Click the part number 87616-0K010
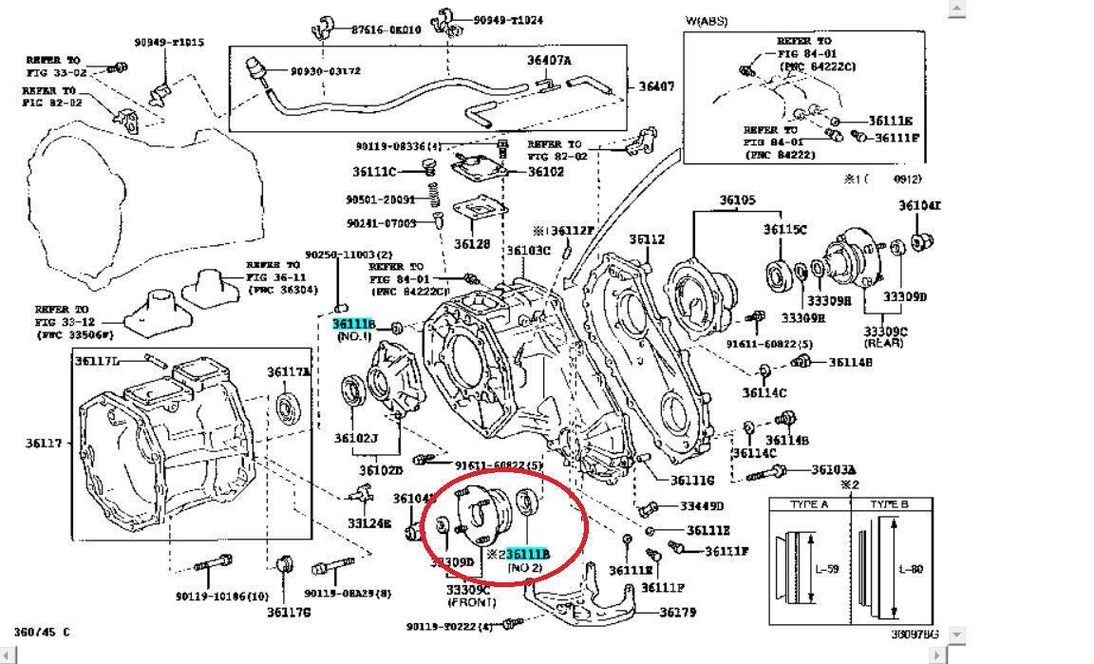click(x=385, y=29)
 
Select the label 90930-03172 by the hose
click(x=327, y=71)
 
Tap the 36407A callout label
click(x=550, y=61)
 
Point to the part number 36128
click(x=472, y=244)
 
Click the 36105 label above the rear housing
click(x=736, y=200)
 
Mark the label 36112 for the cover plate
click(x=647, y=239)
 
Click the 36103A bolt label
click(x=834, y=469)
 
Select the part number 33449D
click(x=702, y=506)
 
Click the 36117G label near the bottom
click(x=288, y=613)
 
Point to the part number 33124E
click(x=368, y=523)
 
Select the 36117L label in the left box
click(x=98, y=359)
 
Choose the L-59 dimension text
click(x=827, y=568)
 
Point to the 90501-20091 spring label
click(x=380, y=200)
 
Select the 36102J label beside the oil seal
click(x=356, y=438)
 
